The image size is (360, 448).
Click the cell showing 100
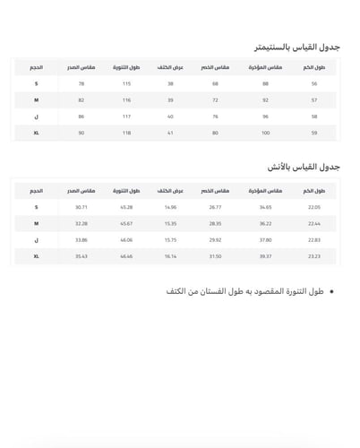(265, 134)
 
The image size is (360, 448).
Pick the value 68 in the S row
(216, 83)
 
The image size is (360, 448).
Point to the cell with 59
(314, 134)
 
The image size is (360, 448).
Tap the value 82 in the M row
(81, 100)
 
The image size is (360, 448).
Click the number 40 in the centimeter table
(171, 116)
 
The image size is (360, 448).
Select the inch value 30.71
(81, 206)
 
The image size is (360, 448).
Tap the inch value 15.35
(171, 223)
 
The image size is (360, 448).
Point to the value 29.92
(216, 239)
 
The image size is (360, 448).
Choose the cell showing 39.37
(265, 256)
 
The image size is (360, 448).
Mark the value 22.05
(314, 206)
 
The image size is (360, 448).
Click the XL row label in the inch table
(37, 256)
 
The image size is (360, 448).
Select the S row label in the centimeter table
(37, 83)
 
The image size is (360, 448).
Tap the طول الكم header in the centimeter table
(314, 67)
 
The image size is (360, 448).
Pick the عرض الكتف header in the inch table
(166, 190)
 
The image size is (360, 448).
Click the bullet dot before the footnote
(332, 293)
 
